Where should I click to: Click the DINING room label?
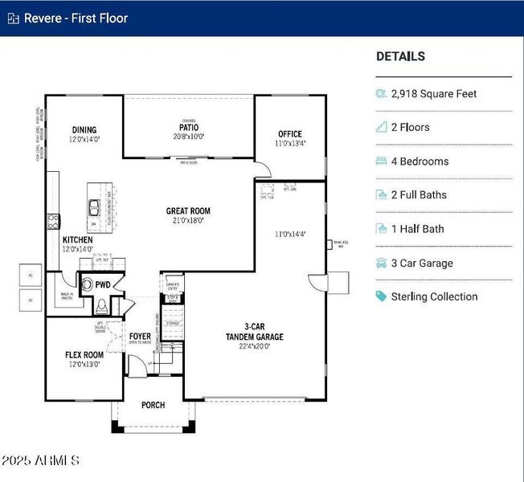84,130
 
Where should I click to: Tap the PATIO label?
189,127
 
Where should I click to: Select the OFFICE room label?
290,134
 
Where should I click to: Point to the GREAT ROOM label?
189,211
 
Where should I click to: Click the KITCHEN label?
78,240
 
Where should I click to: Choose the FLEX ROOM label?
84,354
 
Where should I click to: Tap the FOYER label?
140,337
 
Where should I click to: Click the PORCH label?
153,405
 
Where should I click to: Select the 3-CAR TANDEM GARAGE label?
253,332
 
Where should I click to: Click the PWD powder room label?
103,284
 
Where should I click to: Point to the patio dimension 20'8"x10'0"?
189,137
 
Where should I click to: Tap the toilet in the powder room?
101,305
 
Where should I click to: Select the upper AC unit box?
31,274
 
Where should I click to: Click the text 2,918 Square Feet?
434,94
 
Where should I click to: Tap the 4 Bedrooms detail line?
420,161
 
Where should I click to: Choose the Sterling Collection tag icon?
381,296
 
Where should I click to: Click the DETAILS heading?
400,57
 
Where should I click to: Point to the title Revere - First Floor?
76,18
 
